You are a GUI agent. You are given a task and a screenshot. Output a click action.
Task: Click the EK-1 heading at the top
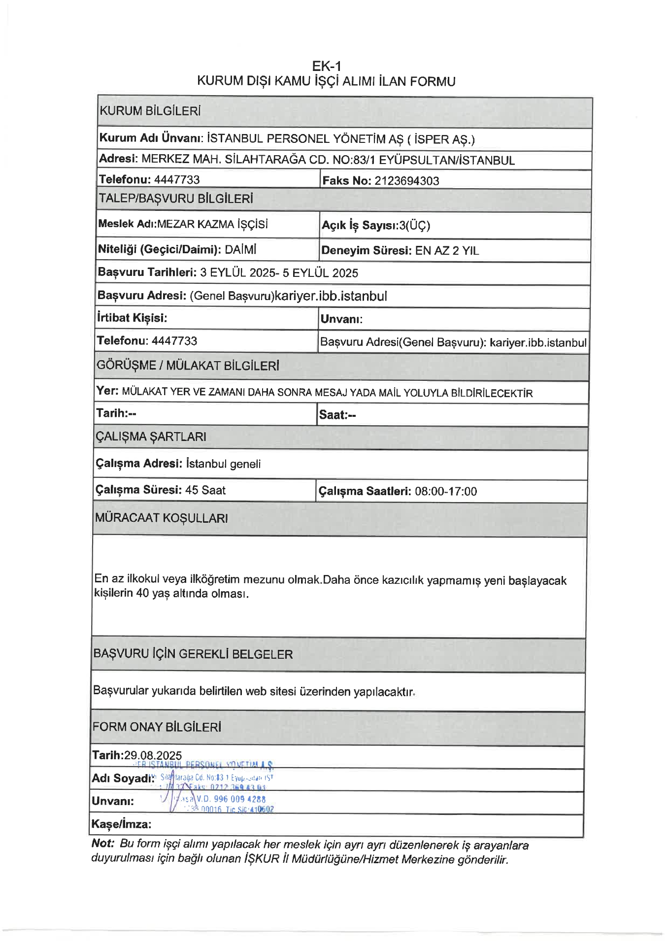tap(326, 66)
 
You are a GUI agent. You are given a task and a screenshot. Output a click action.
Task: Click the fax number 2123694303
tap(406, 181)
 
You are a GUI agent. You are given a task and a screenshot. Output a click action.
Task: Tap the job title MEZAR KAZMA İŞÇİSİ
tap(212, 225)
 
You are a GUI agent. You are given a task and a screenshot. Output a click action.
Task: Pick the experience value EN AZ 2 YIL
tap(447, 251)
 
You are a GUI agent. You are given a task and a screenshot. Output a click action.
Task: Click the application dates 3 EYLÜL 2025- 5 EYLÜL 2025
tap(279, 273)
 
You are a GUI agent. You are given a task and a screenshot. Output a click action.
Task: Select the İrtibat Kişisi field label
tap(132, 318)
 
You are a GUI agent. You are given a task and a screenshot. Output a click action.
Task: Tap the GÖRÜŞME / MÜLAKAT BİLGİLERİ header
tap(188, 366)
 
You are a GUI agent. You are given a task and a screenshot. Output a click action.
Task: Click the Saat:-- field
tap(337, 415)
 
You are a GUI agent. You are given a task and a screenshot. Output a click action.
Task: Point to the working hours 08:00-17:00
tap(446, 491)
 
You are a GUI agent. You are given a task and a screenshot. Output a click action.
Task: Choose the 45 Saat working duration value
tap(205, 490)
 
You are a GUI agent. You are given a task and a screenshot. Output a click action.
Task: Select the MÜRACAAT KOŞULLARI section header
tap(161, 518)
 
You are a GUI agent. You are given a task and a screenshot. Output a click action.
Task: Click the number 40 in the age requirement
tap(142, 593)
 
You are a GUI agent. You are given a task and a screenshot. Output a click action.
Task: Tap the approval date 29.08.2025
tap(153, 755)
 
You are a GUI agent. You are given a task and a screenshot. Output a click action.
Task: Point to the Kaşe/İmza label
tap(121, 824)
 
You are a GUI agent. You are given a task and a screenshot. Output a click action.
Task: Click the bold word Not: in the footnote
tap(102, 844)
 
